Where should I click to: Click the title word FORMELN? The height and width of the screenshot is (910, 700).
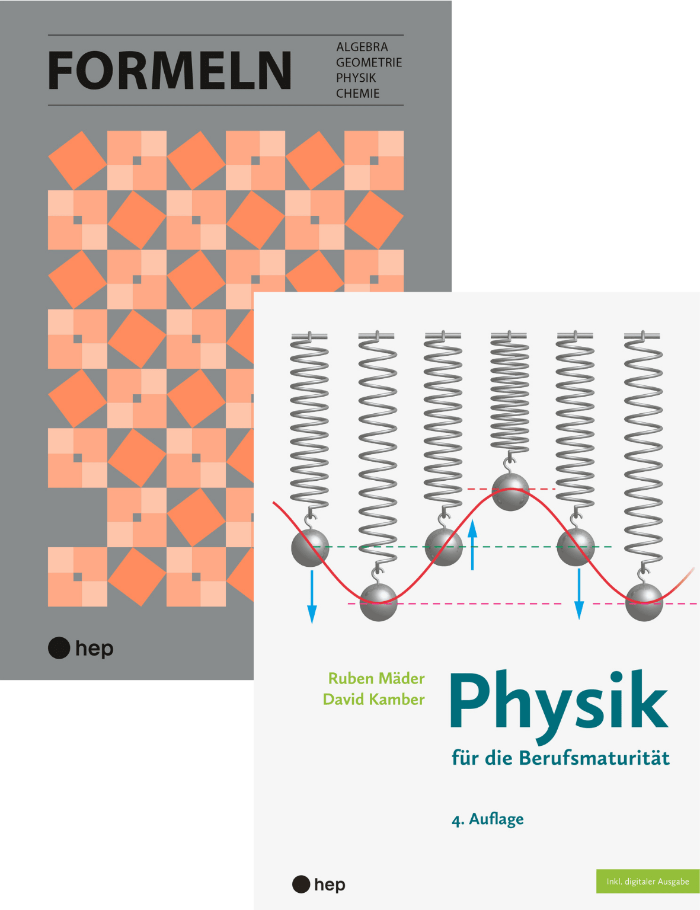click(170, 71)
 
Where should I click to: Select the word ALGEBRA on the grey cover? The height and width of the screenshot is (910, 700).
click(362, 47)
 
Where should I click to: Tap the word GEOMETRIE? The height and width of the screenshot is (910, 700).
click(369, 62)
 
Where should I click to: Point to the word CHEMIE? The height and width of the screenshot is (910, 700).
click(357, 93)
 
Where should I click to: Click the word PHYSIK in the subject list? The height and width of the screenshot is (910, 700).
click(356, 78)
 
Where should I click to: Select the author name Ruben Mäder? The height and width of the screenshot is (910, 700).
click(376, 678)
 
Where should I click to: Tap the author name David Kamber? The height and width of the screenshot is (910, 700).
click(373, 700)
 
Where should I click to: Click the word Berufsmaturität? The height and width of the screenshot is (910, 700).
click(594, 758)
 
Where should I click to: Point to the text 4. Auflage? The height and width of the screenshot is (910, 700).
click(487, 819)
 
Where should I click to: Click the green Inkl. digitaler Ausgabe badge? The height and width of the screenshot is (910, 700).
click(647, 882)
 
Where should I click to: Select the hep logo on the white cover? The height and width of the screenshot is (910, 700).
click(319, 885)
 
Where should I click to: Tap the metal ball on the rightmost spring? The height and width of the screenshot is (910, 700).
click(644, 602)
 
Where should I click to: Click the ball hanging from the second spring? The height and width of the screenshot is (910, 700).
click(378, 602)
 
